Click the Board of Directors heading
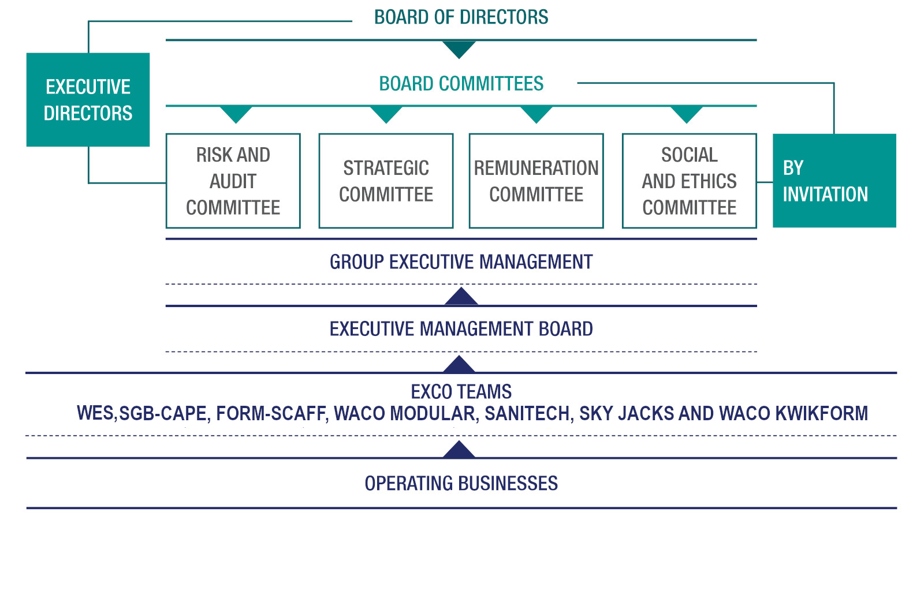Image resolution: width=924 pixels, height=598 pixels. pyautogui.click(x=461, y=17)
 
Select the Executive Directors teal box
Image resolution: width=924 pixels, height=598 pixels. pyautogui.click(x=88, y=100)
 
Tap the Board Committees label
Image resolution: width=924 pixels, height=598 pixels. pyautogui.click(x=461, y=84)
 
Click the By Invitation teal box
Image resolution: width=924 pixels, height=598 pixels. pyautogui.click(x=834, y=181)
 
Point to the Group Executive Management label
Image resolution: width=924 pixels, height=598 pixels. pyautogui.click(x=461, y=262)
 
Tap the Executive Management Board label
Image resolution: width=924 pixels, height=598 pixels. pyautogui.click(x=461, y=329)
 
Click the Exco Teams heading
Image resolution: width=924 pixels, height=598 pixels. pyautogui.click(x=461, y=392)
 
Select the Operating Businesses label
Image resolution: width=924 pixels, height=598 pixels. pyautogui.click(x=461, y=483)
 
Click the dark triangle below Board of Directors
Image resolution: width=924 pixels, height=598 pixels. pyautogui.click(x=459, y=49)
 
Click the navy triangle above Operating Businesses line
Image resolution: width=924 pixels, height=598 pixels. pyautogui.click(x=459, y=450)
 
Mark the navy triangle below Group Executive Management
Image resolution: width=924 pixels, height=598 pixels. pyautogui.click(x=461, y=297)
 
